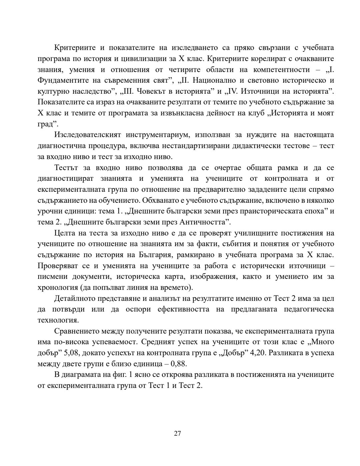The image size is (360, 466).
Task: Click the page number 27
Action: pyautogui.click(x=177, y=433)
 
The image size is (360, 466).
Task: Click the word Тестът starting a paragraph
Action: pyautogui.click(x=66, y=167)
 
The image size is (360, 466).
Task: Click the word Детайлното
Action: pyautogui.click(x=76, y=298)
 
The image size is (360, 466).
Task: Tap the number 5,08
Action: pyautogui.click(x=72, y=353)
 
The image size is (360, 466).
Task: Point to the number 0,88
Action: pyautogui.click(x=179, y=364)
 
